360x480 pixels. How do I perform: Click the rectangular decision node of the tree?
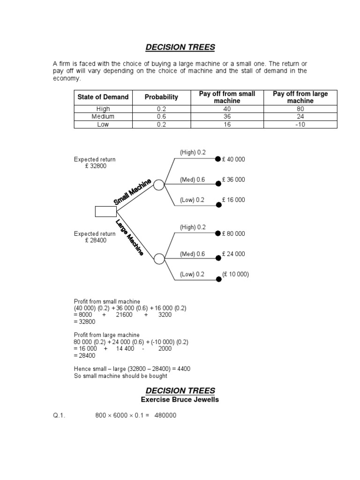105,211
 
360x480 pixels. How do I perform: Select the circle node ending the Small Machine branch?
159,185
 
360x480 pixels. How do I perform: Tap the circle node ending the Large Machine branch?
159,258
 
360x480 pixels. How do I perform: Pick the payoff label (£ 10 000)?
235,274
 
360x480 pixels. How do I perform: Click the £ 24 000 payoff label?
233,254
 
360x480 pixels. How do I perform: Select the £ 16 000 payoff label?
233,200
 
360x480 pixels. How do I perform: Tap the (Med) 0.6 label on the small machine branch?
192,180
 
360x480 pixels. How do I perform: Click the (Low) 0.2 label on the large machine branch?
192,274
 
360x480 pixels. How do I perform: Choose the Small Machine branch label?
133,192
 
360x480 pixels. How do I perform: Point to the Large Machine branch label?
130,237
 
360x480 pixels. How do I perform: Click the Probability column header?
161,97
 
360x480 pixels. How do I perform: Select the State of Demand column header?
103,97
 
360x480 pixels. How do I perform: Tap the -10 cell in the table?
300,124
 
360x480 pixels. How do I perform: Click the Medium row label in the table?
103,117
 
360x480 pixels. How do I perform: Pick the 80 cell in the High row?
300,109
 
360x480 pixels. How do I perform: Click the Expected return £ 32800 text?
94,163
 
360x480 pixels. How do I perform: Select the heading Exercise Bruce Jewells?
180,400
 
